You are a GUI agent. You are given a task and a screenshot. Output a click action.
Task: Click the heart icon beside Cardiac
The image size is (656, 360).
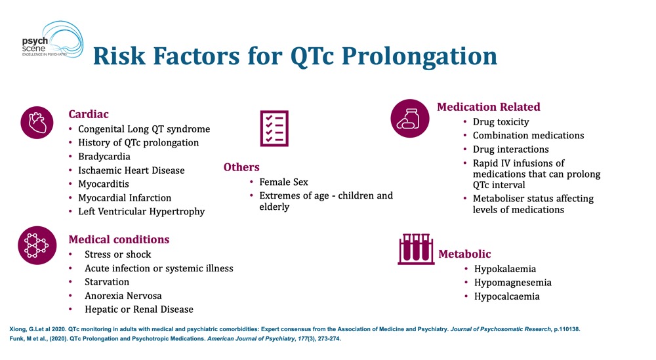(x=37, y=122)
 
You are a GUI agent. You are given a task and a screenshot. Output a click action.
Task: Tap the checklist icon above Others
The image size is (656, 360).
(x=274, y=128)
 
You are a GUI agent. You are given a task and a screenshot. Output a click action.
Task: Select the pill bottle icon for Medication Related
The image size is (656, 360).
(x=409, y=118)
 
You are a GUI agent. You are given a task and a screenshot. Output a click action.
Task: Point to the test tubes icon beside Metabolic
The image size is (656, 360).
(x=416, y=249)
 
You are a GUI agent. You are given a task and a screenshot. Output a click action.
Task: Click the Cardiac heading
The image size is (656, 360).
(x=89, y=114)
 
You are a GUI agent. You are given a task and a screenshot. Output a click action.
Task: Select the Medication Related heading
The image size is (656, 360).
(x=489, y=107)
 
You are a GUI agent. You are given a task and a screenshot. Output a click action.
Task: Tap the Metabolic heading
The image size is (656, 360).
(x=464, y=254)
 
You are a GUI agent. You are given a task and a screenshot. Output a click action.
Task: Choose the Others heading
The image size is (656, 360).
(x=241, y=167)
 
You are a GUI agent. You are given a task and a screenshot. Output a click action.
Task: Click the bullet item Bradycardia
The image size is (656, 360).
(x=104, y=157)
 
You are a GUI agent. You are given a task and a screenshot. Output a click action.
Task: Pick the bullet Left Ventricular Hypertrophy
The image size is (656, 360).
(x=141, y=211)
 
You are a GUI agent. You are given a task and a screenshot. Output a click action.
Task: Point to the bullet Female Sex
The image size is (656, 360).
(x=283, y=182)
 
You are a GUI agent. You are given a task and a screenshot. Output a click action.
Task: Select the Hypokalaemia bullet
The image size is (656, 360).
(x=504, y=269)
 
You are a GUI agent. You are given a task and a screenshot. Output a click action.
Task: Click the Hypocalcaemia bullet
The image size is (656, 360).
(x=506, y=296)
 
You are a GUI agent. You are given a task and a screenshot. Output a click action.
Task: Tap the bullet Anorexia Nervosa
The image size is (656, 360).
(x=123, y=296)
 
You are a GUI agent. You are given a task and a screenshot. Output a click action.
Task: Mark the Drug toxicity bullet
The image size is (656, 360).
(x=501, y=122)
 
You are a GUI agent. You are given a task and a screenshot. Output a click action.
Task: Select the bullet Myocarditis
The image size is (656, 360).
(x=104, y=184)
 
